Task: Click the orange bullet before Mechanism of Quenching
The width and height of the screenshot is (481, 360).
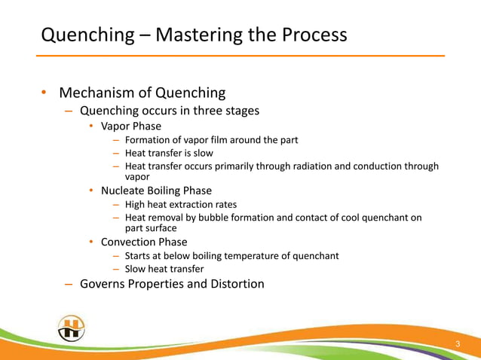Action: [x=44, y=93]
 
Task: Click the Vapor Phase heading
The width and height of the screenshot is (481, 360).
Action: [x=131, y=126]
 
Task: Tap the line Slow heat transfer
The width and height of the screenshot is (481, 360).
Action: [x=164, y=269]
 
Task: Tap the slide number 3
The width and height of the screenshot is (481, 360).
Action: [x=457, y=345]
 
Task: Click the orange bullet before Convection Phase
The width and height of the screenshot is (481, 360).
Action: [x=90, y=243]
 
